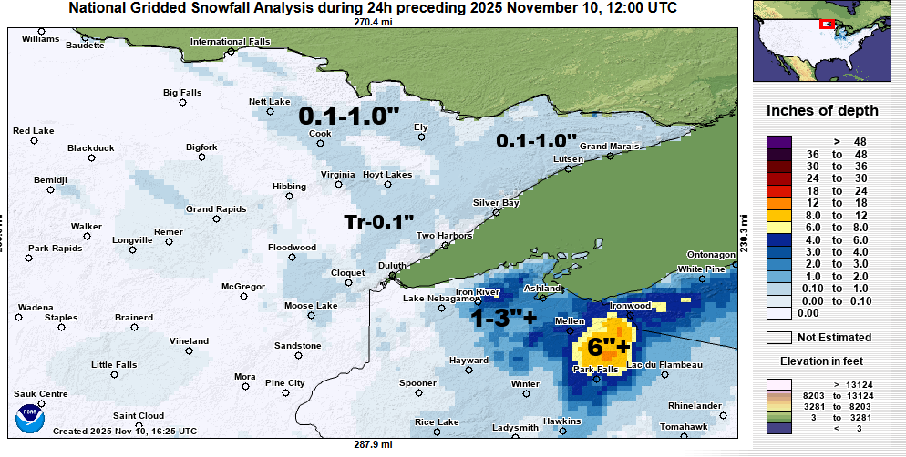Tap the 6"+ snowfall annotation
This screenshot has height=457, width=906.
(608, 348)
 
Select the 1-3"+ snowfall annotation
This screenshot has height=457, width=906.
(503, 318)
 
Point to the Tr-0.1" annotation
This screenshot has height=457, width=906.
(378, 221)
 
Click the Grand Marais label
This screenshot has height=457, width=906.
(606, 147)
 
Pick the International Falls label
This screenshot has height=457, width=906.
(231, 42)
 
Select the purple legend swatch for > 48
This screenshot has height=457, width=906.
(778, 142)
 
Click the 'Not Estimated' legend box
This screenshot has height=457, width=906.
(778, 338)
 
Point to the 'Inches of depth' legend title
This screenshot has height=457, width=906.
(822, 111)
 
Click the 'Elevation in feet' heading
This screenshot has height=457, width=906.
(822, 361)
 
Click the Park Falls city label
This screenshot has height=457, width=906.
(595, 369)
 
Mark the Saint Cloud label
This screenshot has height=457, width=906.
(138, 414)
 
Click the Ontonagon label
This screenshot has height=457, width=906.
(710, 254)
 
